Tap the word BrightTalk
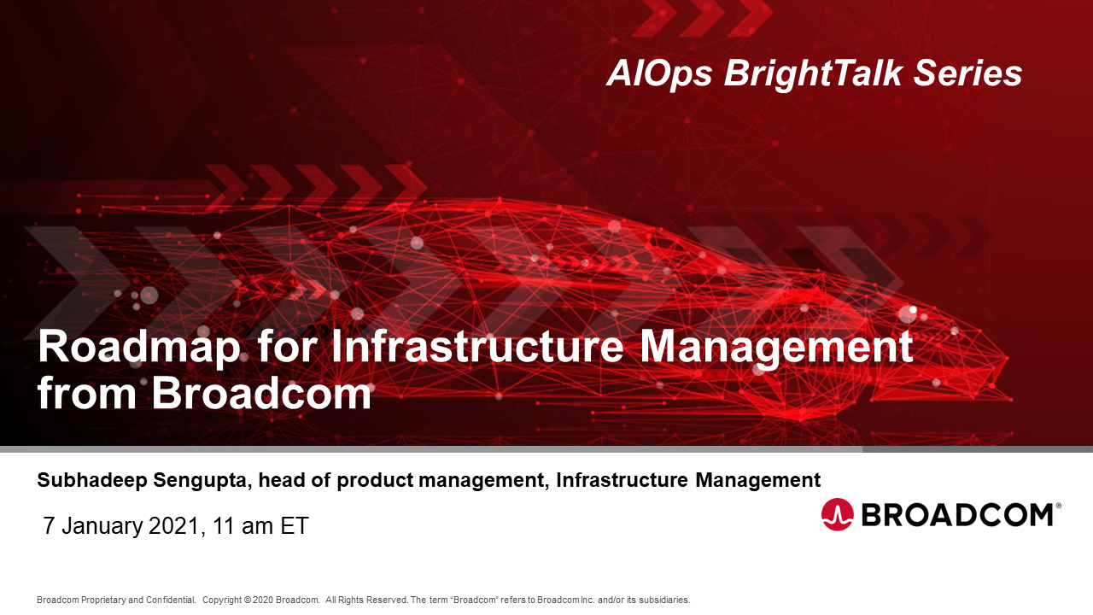(x=813, y=74)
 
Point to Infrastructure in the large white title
(x=478, y=348)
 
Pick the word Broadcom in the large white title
(x=261, y=394)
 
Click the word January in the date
(x=102, y=526)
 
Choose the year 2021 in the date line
(x=173, y=526)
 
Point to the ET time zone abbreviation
(x=295, y=526)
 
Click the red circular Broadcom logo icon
(x=838, y=514)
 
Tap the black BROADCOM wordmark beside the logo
(x=956, y=514)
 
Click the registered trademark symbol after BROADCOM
(x=1059, y=506)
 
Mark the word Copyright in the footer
(x=223, y=600)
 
